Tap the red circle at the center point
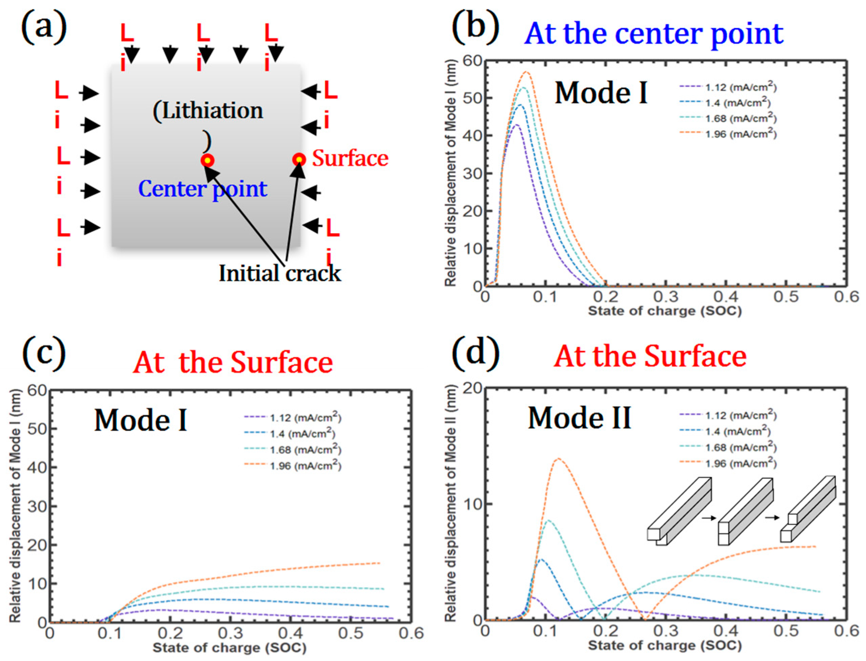coord(207,161)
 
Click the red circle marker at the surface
coord(299,160)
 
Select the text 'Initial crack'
coord(280,273)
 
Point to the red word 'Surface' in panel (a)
coord(350,158)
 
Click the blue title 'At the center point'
coord(653,34)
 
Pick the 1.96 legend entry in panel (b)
coord(728,134)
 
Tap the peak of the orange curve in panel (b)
coord(526,72)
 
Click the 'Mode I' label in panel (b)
coord(601,93)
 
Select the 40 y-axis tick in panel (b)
coord(472,136)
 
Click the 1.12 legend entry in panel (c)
coord(293,418)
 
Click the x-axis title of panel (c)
coord(230,647)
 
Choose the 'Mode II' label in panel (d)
coord(580,418)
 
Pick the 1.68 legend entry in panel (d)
coord(728,448)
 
